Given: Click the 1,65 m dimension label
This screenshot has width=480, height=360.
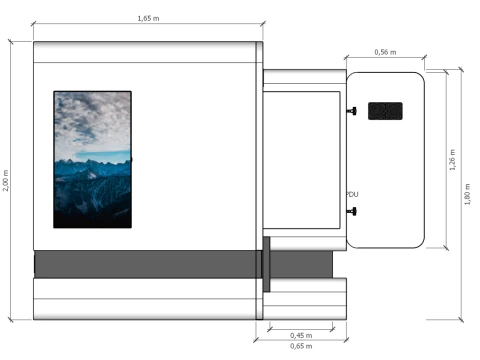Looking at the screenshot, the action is tap(148, 18).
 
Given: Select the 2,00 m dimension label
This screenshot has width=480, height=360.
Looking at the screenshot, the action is tap(6, 180).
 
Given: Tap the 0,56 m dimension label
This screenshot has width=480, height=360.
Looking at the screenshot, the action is tap(385, 52).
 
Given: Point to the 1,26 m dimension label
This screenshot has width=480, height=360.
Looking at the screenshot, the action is tap(452, 160).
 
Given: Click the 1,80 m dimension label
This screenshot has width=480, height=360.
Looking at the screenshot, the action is tap(467, 194).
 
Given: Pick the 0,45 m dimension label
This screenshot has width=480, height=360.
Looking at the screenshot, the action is tap(301, 335).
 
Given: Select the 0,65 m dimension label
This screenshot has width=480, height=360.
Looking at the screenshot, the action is tap(301, 346).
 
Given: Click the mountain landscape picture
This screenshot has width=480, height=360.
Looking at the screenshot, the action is tap(92, 159).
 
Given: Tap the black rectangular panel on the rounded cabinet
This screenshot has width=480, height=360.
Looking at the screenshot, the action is tap(385, 111).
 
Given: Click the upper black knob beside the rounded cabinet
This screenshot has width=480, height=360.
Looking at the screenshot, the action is tap(352, 111).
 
